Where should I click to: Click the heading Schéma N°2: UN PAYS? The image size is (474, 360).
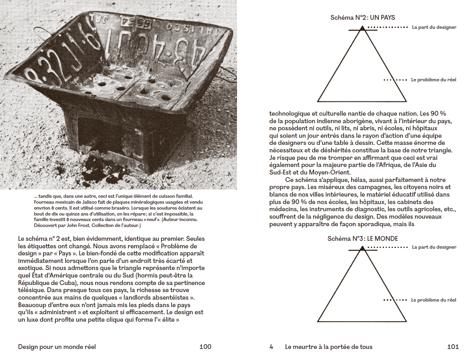tap(363, 18)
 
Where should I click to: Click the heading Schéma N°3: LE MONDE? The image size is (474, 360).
tap(363, 239)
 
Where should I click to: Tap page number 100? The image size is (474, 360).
tap(205, 347)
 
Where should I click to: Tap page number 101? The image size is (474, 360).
tap(453, 347)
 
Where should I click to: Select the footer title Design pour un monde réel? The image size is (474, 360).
tap(57, 347)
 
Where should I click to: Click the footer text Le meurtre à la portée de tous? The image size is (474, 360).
tap(329, 347)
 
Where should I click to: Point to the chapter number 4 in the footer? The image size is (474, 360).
tap(271, 347)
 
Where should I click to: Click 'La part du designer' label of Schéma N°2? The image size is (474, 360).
tap(434, 28)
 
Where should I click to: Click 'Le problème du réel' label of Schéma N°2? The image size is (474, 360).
tap(434, 80)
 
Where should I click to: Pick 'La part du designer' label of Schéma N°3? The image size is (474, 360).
tap(434, 247)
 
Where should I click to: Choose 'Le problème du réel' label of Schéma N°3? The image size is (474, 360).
tap(434, 300)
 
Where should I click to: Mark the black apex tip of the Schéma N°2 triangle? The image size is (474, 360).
tap(362, 28)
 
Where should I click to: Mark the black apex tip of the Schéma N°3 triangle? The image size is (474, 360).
tap(362, 248)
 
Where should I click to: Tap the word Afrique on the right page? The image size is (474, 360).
tap(376, 165)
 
